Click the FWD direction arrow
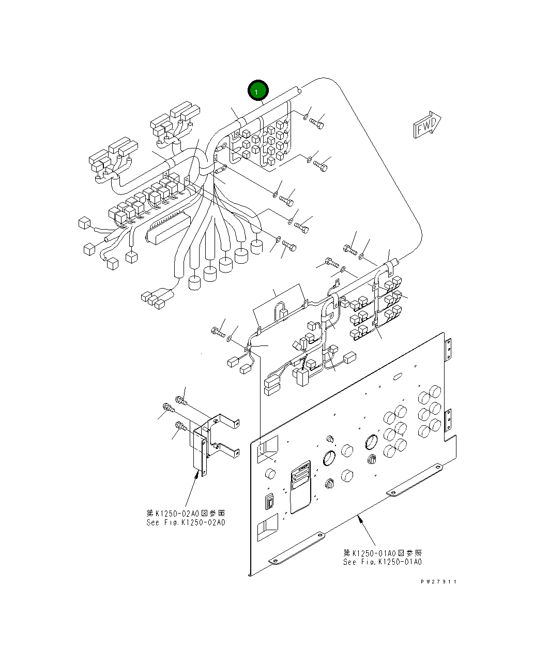426,125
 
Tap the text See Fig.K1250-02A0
186,522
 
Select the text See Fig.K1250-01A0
382,562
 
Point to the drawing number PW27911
438,581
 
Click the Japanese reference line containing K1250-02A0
186,513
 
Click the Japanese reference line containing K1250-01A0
382,552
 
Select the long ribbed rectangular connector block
169,228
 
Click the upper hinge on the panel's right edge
448,350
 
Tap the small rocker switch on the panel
270,501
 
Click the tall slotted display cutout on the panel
300,486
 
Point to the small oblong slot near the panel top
399,377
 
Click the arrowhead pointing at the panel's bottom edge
360,518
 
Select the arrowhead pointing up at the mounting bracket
197,474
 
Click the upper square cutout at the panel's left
268,448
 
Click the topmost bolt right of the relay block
316,123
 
